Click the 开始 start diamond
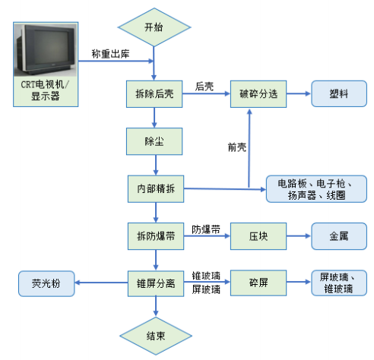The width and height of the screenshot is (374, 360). (154, 27)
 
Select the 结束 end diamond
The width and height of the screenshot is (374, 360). (156, 336)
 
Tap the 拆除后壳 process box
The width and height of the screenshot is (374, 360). (154, 94)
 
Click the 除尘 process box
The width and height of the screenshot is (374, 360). (154, 141)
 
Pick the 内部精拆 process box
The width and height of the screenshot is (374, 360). (156, 189)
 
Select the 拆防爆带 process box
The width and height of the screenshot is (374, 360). (156, 236)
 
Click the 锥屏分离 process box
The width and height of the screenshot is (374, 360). (156, 283)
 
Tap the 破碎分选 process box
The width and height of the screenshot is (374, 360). (258, 94)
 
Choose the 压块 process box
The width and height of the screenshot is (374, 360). (258, 236)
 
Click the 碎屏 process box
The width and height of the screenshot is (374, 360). (258, 283)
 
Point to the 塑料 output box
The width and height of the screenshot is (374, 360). (339, 93)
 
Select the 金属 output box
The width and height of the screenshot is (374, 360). (339, 236)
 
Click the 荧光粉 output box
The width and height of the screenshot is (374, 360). (46, 283)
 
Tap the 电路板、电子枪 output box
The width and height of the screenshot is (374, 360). (316, 189)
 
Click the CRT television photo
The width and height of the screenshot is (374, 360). (45, 50)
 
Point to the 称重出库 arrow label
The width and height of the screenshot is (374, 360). (110, 54)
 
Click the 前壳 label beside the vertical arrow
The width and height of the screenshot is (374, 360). (237, 147)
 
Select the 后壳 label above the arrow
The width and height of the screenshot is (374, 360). (204, 87)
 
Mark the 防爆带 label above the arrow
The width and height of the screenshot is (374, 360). (206, 229)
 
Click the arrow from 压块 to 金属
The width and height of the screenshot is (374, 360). (299, 236)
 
